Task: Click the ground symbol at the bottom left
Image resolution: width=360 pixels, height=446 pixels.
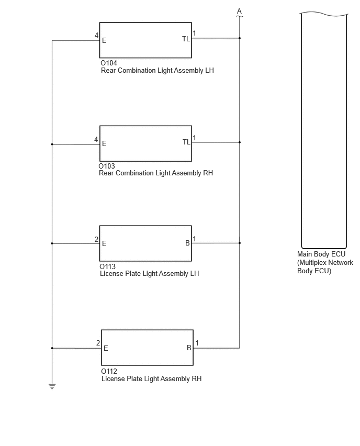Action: pyautogui.click(x=52, y=386)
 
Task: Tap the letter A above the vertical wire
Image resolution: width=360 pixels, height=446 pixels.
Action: pyautogui.click(x=239, y=11)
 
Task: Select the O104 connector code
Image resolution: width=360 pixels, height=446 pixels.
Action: pyautogui.click(x=109, y=63)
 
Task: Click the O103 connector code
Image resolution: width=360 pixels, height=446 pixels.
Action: pyautogui.click(x=107, y=166)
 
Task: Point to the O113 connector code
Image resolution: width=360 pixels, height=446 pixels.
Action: pyautogui.click(x=107, y=266)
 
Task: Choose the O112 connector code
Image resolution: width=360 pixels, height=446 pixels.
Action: pyautogui.click(x=109, y=371)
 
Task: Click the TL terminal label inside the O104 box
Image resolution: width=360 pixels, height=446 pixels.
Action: pyautogui.click(x=186, y=39)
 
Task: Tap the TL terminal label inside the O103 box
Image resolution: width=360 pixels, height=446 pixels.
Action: pyautogui.click(x=186, y=142)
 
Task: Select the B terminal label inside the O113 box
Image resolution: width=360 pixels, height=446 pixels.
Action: pyautogui.click(x=187, y=243)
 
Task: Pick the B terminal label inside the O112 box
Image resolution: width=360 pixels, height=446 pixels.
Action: pyautogui.click(x=189, y=348)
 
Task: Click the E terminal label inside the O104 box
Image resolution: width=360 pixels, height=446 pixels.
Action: pyautogui.click(x=104, y=41)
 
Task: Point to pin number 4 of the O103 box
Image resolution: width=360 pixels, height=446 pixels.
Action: pyautogui.click(x=96, y=139)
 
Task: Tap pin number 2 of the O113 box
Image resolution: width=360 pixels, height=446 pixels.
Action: pyautogui.click(x=96, y=240)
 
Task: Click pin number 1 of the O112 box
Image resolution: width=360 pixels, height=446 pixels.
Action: pyautogui.click(x=197, y=343)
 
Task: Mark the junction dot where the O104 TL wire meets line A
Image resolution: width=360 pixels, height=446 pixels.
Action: pyautogui.click(x=240, y=38)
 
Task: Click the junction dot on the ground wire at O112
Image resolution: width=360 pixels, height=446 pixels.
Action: pyautogui.click(x=52, y=348)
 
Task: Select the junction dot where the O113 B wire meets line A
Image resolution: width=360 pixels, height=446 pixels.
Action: pyautogui.click(x=240, y=243)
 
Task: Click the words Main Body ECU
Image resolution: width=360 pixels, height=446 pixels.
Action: pyautogui.click(x=321, y=254)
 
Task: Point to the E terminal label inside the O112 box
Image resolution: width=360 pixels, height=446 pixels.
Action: pyautogui.click(x=106, y=349)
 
